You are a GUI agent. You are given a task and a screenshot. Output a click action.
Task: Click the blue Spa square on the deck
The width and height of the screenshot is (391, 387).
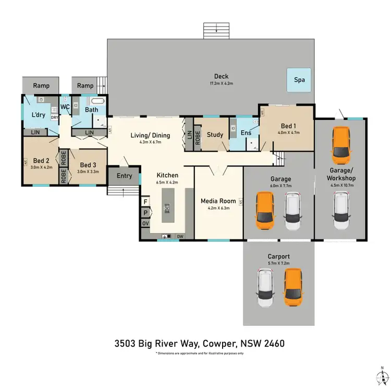pyautogui.click(x=299, y=80)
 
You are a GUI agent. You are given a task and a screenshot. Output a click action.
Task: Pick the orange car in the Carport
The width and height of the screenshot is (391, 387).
pyautogui.click(x=293, y=287)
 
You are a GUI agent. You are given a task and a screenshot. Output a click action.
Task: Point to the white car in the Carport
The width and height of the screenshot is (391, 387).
pyautogui.click(x=265, y=288)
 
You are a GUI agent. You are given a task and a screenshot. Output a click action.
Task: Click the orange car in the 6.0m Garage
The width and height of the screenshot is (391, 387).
pyautogui.click(x=265, y=211)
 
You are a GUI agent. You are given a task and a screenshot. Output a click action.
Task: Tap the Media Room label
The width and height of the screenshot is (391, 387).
pyautogui.click(x=218, y=200)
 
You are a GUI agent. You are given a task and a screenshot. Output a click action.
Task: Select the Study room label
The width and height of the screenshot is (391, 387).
pyautogui.click(x=215, y=135)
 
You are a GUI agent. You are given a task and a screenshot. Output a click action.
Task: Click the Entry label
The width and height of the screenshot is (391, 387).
pyautogui.click(x=124, y=176)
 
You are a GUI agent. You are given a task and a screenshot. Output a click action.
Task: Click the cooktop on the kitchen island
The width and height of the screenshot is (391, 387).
pyautogui.click(x=167, y=209)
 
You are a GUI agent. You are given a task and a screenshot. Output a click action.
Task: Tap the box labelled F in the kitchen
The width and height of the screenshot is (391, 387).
pyautogui.click(x=145, y=201)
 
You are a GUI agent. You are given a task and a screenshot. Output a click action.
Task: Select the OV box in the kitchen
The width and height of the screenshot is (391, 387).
pyautogui.click(x=145, y=223)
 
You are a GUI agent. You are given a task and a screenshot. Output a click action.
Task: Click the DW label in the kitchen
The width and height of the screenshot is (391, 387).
pyautogui.click(x=180, y=236)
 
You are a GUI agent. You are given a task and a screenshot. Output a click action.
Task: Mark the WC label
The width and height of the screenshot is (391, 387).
pyautogui.click(x=65, y=107)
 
